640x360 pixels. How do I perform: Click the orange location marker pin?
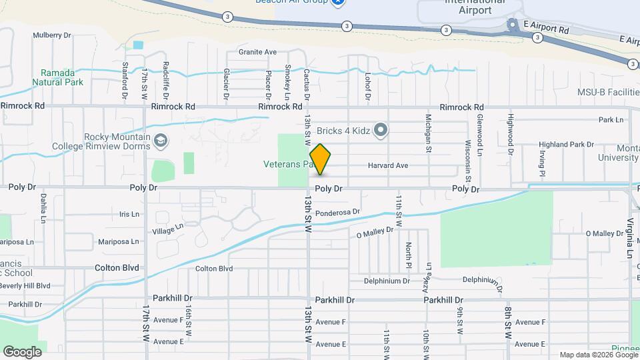coord(321,159)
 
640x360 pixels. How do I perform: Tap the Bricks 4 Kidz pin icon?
coord(381,129)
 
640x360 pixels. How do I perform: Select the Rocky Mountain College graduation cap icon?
coord(160,141)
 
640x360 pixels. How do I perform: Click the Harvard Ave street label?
coord(387,165)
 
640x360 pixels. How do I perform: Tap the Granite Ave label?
coord(257,52)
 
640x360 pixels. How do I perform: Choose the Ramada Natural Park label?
coord(61,77)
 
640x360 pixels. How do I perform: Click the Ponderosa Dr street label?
coord(337,213)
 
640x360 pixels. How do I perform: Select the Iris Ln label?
coord(129,214)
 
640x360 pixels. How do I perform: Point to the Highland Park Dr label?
coord(566,144)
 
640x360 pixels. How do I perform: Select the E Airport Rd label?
coord(546,31)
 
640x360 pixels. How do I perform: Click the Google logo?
coord(22,351)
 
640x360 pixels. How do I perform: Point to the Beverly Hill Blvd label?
coord(25,285)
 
